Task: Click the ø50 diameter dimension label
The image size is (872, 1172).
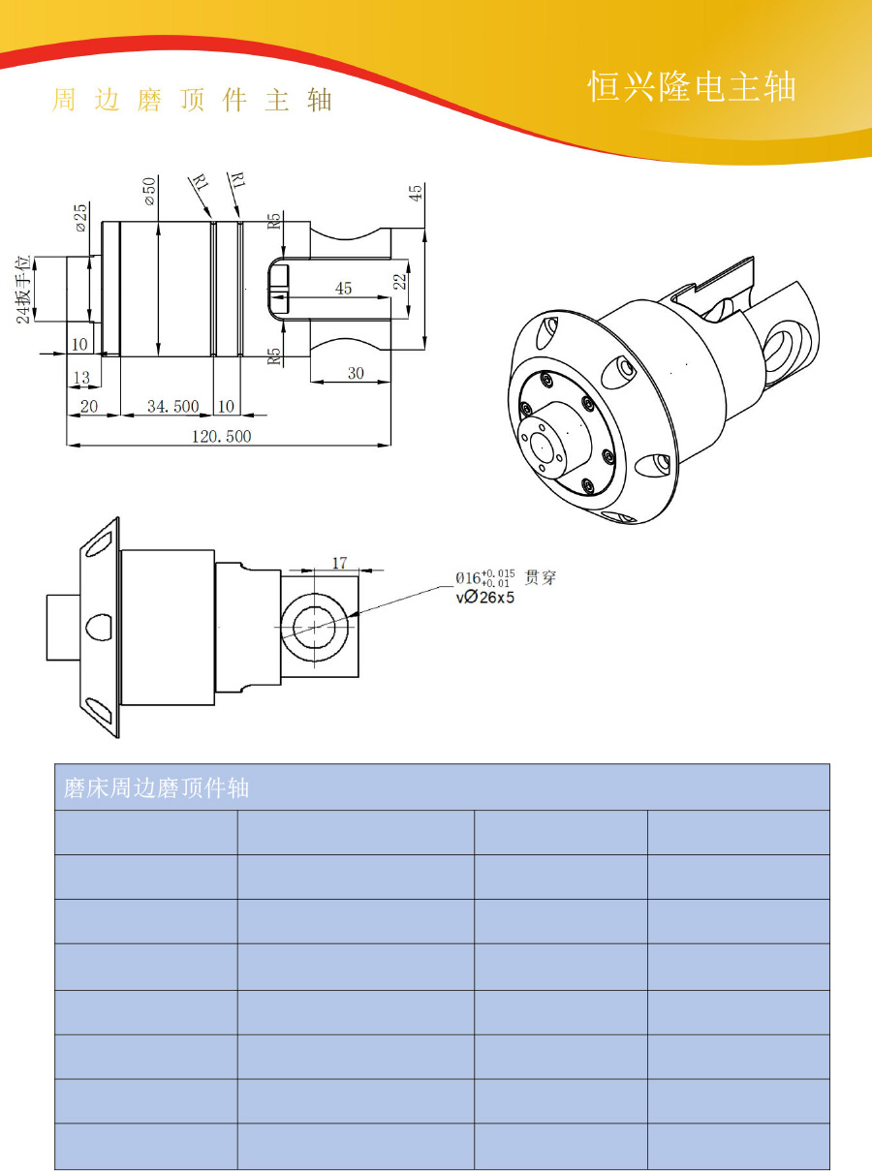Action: click(x=149, y=191)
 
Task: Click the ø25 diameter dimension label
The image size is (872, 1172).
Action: click(x=81, y=218)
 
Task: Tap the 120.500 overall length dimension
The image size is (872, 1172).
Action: click(x=221, y=437)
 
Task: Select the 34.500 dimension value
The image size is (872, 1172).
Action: click(x=172, y=407)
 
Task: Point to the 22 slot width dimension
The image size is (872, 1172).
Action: click(x=401, y=281)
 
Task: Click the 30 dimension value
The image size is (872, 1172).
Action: click(x=356, y=373)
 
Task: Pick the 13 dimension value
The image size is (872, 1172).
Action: click(x=81, y=378)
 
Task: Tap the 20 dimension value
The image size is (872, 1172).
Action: click(x=89, y=407)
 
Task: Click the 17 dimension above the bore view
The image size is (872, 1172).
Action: click(x=339, y=563)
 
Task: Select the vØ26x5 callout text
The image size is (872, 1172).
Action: click(x=484, y=598)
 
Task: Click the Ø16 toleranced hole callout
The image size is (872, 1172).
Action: click(x=485, y=578)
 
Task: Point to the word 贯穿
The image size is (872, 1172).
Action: click(x=541, y=577)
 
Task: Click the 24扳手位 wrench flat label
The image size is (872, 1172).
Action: click(x=24, y=289)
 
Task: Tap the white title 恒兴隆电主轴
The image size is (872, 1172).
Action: click(x=692, y=86)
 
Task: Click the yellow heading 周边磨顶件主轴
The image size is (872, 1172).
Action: click(x=192, y=100)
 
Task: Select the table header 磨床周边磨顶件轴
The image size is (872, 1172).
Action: click(x=156, y=787)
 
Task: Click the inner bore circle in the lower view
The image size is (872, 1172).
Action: click(x=314, y=627)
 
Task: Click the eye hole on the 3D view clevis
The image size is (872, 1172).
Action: click(x=782, y=350)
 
